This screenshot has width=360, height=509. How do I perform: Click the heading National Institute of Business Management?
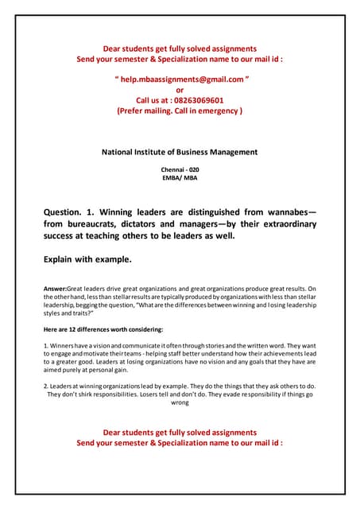(180, 152)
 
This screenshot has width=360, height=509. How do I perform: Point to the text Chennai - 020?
(180, 169)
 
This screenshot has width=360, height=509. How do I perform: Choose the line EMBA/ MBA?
(180, 178)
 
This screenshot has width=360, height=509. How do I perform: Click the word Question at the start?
(69, 212)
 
